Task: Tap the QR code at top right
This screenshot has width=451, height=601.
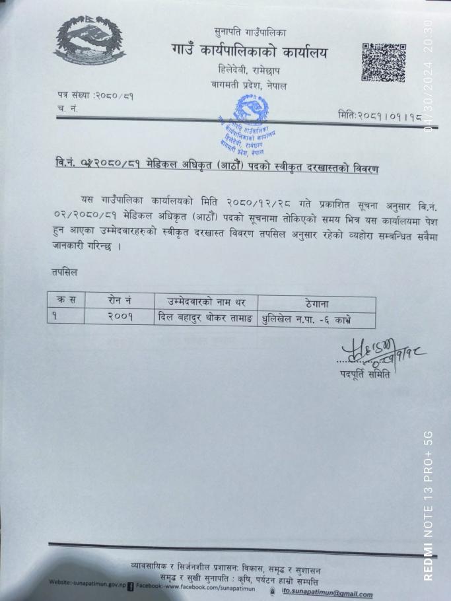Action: (383, 62)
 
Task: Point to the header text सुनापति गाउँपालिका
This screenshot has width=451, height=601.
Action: (251, 32)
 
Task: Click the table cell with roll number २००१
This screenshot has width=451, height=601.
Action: (120, 316)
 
